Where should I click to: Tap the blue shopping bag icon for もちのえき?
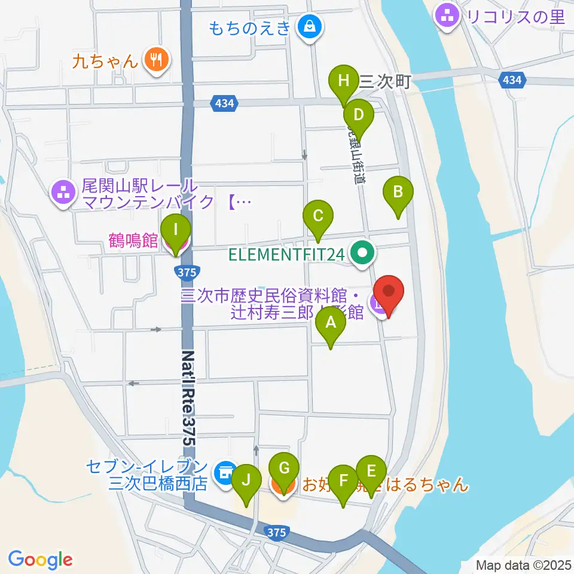tap(310, 26)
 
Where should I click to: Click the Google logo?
tap(40, 560)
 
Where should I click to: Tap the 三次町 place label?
tap(386, 82)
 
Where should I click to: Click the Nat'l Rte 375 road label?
tap(188, 397)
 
